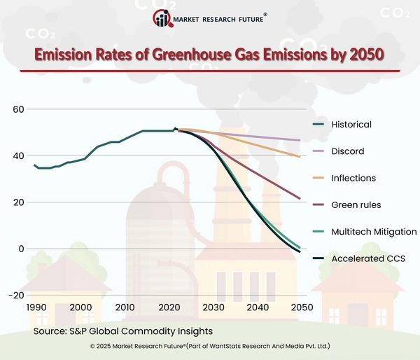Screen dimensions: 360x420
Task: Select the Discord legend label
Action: pos(347,151)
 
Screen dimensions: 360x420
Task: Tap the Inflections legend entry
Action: pos(353,178)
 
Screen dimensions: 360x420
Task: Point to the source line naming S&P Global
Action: pos(122,330)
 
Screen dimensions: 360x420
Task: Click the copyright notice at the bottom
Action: pos(210,347)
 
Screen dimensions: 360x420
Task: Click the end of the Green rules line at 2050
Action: pos(300,199)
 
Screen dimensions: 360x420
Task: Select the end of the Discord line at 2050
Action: pos(300,141)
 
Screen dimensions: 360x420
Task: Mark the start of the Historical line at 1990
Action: pos(34,165)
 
